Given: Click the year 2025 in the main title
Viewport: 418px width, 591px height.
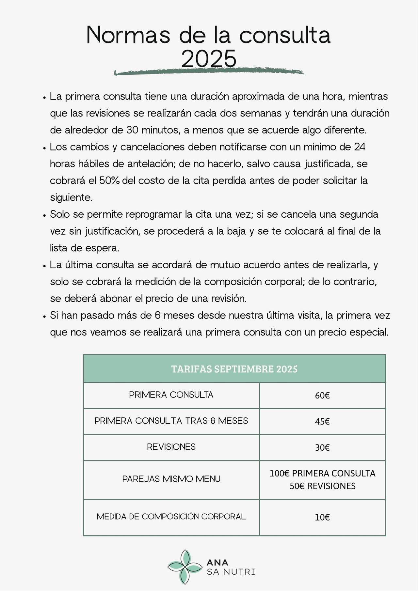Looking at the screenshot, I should click(209, 59).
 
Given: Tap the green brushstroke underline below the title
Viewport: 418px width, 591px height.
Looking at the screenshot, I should click(208, 72).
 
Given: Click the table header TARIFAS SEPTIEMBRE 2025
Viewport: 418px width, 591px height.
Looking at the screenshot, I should click(234, 369).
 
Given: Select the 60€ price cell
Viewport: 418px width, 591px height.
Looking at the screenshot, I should click(322, 396).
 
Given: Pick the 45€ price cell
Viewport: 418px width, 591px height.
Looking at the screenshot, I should click(322, 421).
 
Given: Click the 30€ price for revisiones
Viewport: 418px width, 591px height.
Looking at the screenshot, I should click(322, 447).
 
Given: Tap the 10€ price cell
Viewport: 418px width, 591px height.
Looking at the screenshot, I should click(322, 517).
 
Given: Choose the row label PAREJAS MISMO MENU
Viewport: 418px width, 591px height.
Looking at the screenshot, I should click(171, 479).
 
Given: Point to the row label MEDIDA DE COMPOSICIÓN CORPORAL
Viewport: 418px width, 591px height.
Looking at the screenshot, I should click(171, 517).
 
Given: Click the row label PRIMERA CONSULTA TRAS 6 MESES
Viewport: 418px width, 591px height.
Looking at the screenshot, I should click(171, 421).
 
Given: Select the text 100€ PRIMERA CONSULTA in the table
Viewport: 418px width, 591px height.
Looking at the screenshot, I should click(322, 473).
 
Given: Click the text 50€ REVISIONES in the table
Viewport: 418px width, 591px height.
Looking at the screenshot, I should click(322, 486).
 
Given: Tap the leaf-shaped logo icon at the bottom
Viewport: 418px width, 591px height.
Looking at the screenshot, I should click(185, 567).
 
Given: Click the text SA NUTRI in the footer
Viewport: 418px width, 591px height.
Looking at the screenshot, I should click(231, 572).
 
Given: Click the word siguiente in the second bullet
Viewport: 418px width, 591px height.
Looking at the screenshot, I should click(71, 198).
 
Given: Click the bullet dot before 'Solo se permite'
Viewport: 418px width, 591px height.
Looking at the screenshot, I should click(44, 216).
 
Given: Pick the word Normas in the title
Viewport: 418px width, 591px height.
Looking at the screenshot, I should click(128, 35).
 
